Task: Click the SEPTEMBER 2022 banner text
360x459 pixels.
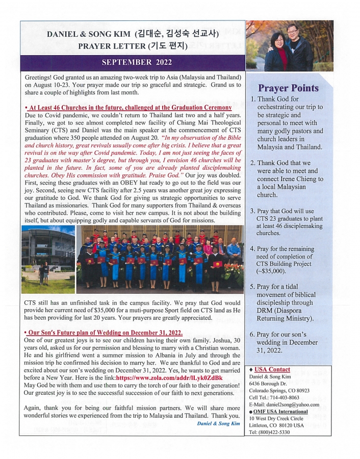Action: [137, 63]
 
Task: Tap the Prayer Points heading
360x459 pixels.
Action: [288, 88]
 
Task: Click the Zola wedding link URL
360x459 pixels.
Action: [169, 378]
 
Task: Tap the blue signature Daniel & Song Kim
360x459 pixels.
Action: [218, 423]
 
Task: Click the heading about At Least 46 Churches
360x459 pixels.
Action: [128, 108]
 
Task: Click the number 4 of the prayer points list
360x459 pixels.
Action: [252, 248]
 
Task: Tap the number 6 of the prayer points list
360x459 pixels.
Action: [252, 335]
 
